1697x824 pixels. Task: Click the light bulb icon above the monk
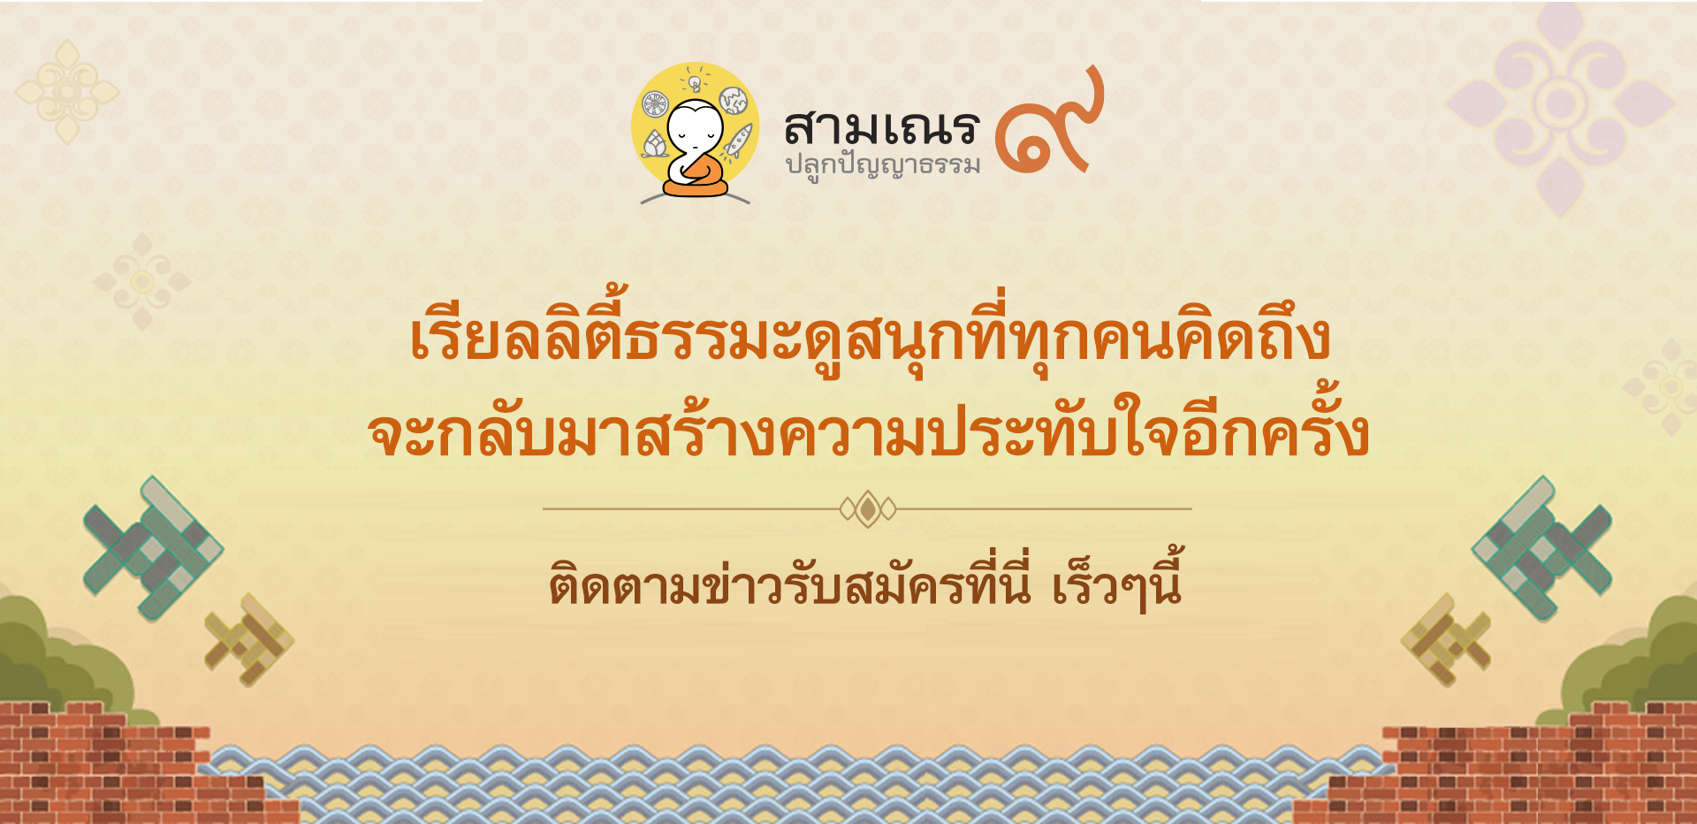pos(696,80)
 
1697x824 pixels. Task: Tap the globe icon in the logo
pos(733,101)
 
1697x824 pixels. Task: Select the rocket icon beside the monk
pos(739,141)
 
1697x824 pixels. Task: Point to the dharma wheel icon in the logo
pos(655,104)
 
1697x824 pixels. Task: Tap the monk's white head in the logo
pos(695,129)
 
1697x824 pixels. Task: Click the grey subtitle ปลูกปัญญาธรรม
pos(883,166)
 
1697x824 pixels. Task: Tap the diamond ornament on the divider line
pos(868,509)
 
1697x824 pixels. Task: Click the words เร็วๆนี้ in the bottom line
pos(1117,582)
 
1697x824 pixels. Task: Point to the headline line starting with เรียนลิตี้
pos(870,335)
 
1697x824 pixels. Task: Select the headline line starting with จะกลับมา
pos(869,431)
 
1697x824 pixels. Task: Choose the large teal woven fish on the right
pos(1542,548)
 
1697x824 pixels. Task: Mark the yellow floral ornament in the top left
pos(67,91)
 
